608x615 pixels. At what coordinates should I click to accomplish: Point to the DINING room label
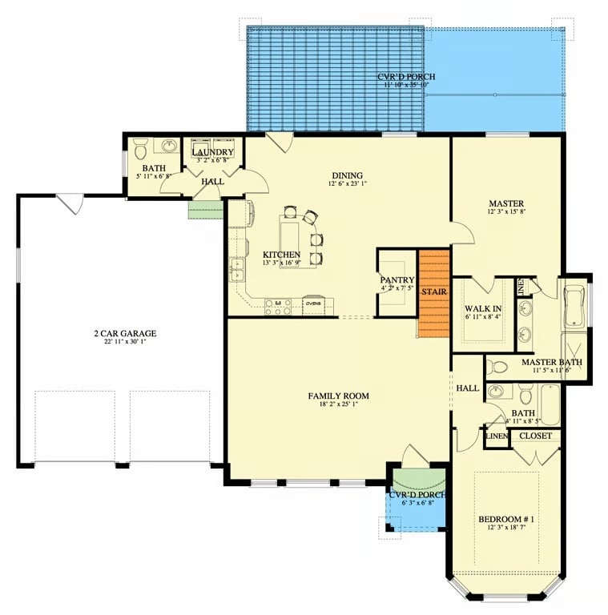click(347, 176)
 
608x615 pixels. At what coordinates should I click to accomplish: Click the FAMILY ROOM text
click(339, 396)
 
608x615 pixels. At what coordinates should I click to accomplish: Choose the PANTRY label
click(397, 280)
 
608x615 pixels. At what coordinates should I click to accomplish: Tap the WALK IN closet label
click(483, 307)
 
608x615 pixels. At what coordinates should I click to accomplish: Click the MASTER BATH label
click(551, 361)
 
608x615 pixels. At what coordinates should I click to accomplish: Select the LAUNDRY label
click(213, 152)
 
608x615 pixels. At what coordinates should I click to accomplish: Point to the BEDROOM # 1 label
click(506, 520)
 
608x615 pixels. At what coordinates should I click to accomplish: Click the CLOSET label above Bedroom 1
click(534, 436)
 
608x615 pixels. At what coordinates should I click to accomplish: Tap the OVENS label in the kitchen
click(313, 303)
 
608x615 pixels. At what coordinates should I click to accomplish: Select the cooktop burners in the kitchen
click(278, 305)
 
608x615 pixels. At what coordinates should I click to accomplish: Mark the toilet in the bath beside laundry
click(140, 148)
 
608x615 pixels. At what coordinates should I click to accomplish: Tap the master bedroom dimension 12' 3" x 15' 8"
click(506, 213)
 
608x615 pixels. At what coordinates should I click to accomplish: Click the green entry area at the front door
click(418, 480)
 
